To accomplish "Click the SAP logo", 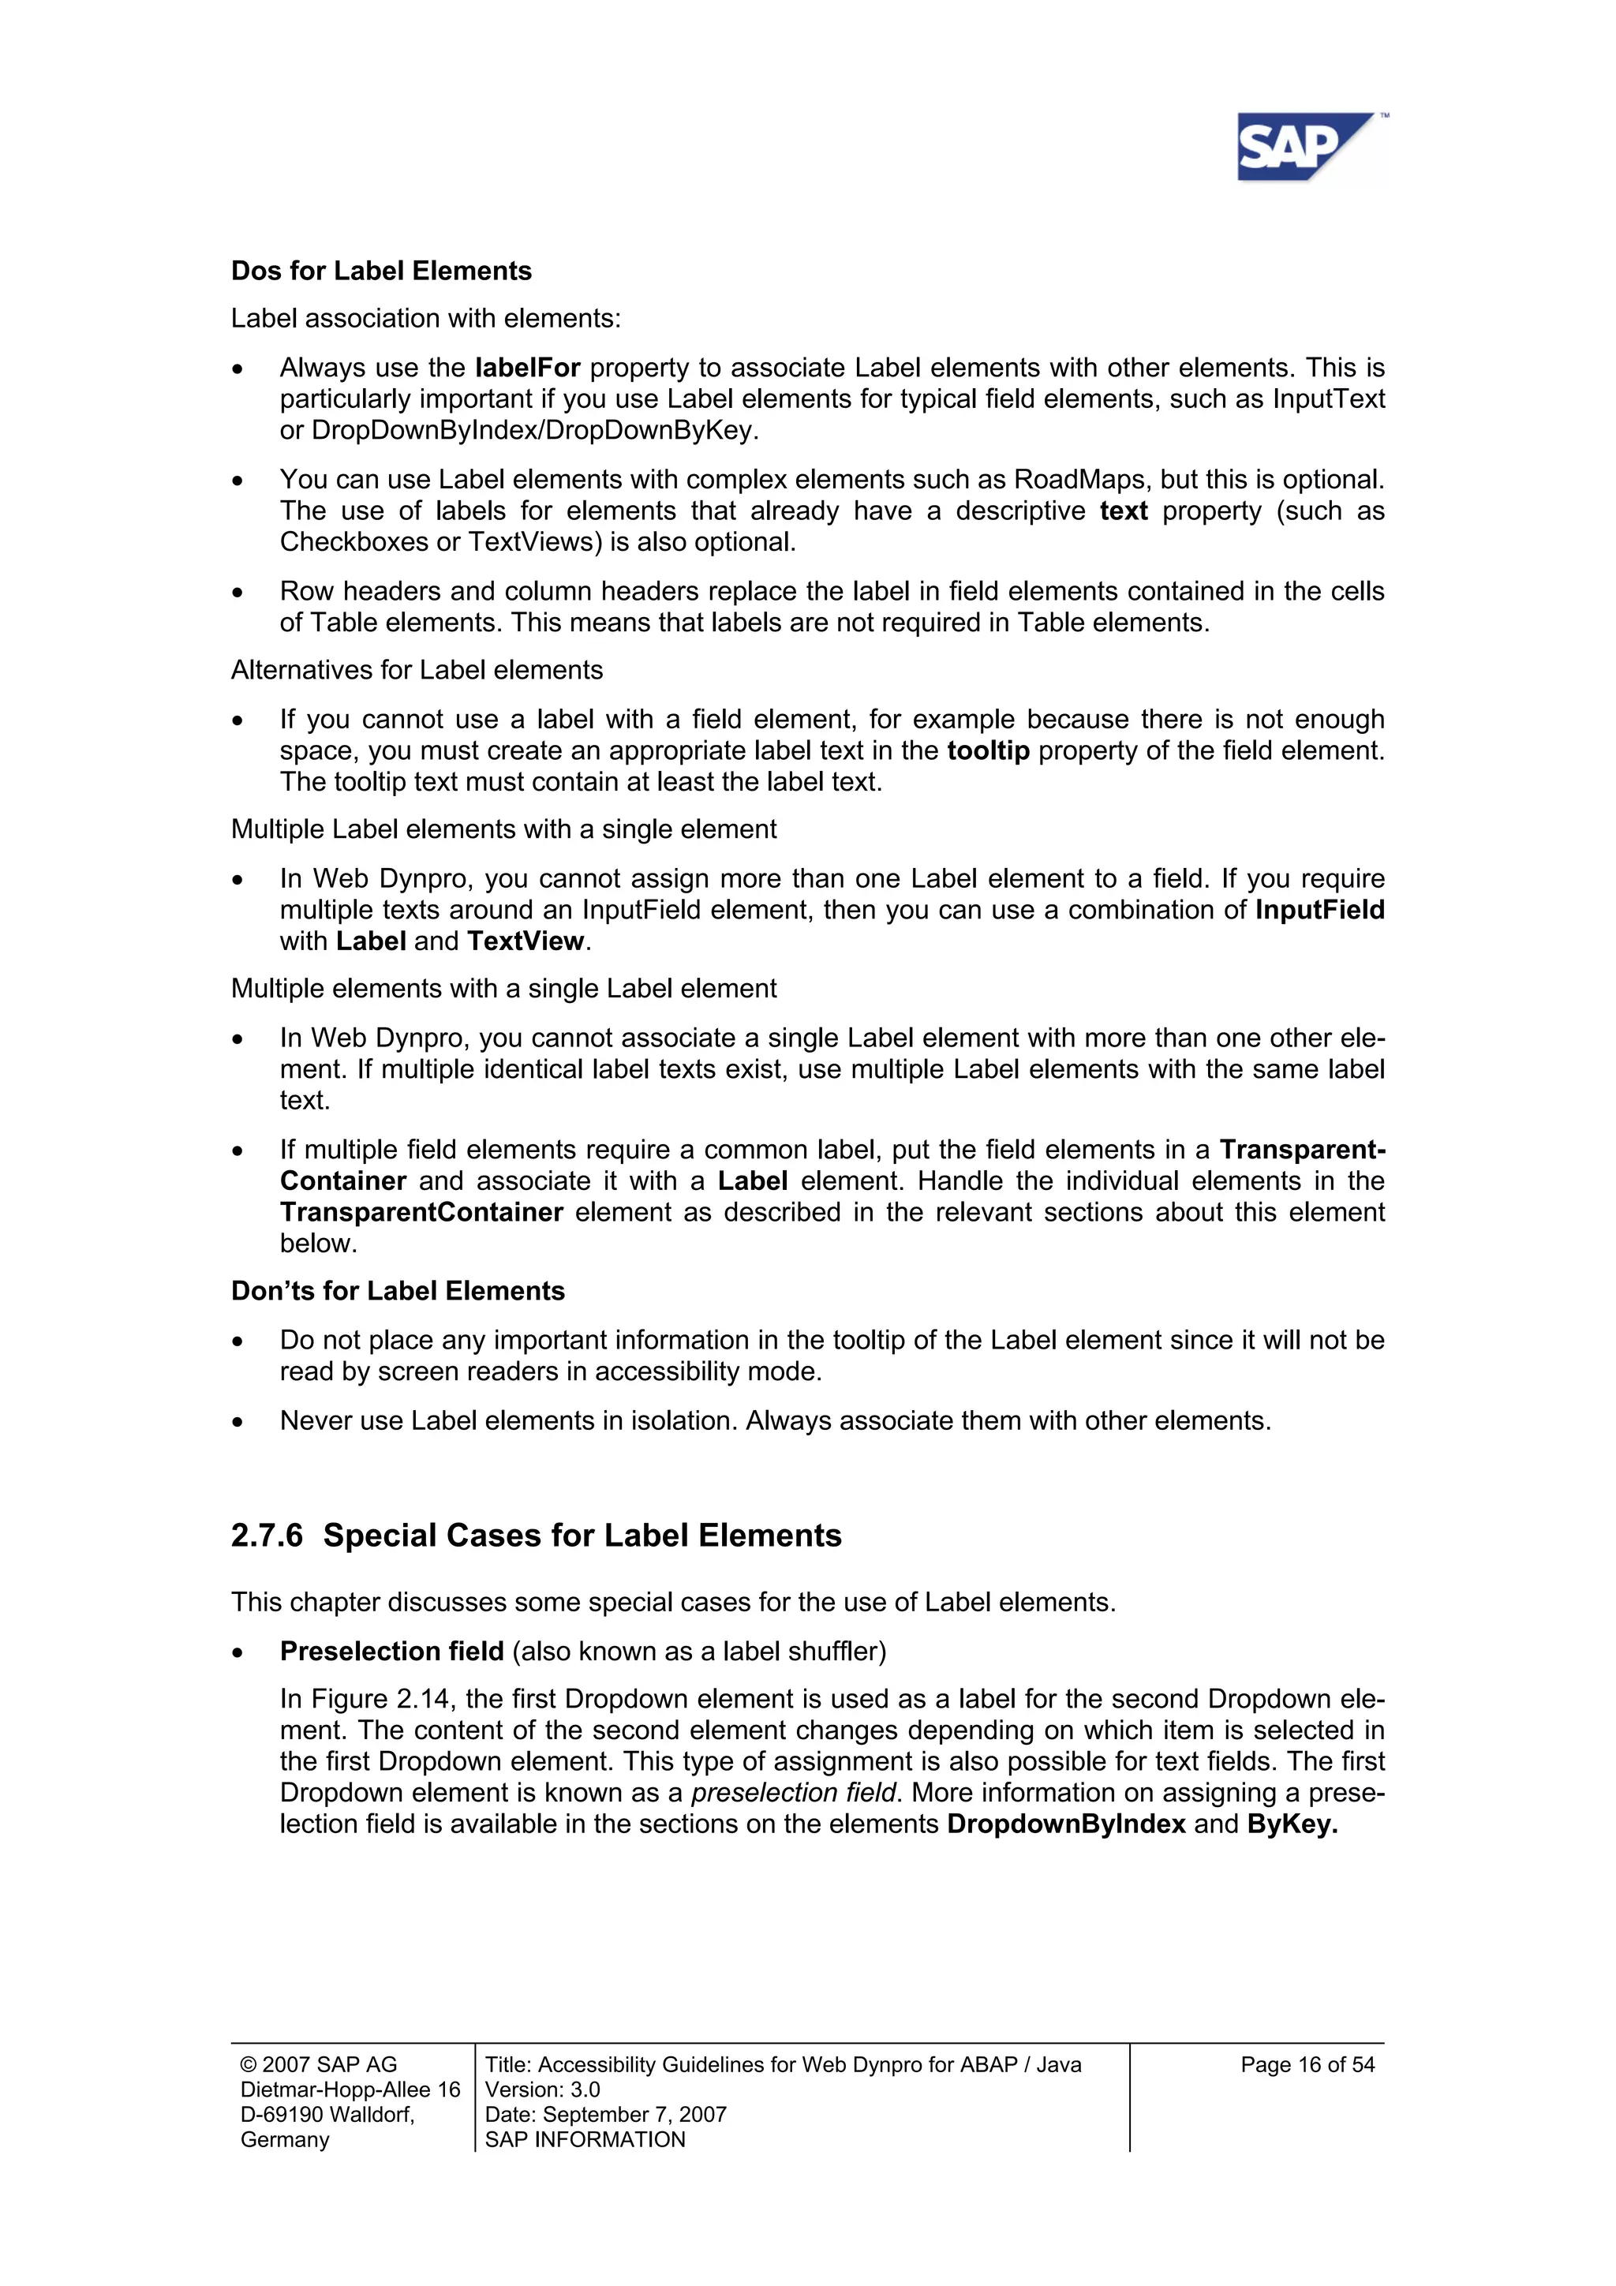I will pos(1305,148).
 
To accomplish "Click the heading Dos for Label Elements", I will pos(381,271).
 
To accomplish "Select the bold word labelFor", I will pos(528,368).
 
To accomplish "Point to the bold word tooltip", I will pos(988,750).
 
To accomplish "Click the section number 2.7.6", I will pos(267,1536).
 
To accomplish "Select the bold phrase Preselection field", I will pos(391,1651).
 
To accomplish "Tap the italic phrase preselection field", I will pos(794,1792).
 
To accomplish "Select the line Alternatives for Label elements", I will pos(417,670).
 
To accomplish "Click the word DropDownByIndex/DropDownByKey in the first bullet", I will pos(535,430).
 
